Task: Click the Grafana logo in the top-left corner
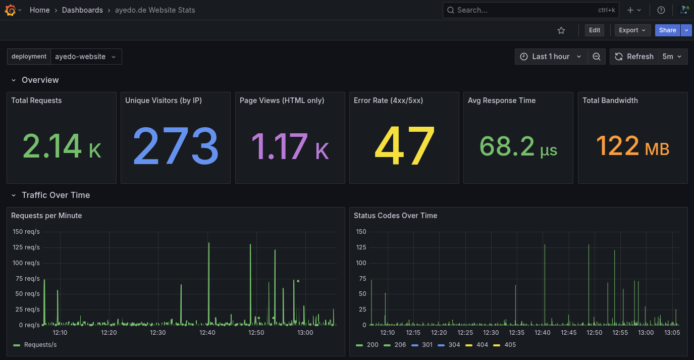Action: pyautogui.click(x=10, y=10)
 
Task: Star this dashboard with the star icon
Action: pyautogui.click(x=561, y=30)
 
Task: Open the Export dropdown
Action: pyautogui.click(x=632, y=30)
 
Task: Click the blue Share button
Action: pyautogui.click(x=667, y=30)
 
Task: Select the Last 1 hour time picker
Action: pyautogui.click(x=551, y=57)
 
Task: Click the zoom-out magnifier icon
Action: pyautogui.click(x=596, y=57)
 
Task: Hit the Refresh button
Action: pyautogui.click(x=634, y=57)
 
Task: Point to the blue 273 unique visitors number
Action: pyautogui.click(x=176, y=147)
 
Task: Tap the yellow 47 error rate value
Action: pyautogui.click(x=404, y=147)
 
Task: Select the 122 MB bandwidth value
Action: pyautogui.click(x=632, y=147)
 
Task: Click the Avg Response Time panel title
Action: pyautogui.click(x=501, y=100)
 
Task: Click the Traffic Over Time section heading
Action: pyautogui.click(x=56, y=195)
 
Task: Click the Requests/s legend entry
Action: pyautogui.click(x=40, y=345)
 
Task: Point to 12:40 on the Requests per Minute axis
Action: pyautogui.click(x=207, y=333)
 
